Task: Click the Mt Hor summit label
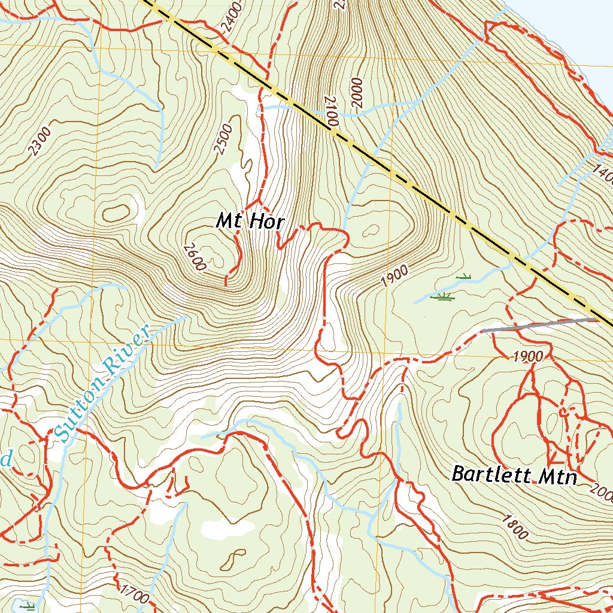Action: point(250,221)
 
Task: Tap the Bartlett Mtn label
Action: point(514,475)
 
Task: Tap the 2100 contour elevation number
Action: point(332,111)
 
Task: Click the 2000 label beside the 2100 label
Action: point(358,92)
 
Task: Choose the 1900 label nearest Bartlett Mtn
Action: point(527,357)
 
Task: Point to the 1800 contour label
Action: point(516,526)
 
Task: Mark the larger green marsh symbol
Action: point(444,296)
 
